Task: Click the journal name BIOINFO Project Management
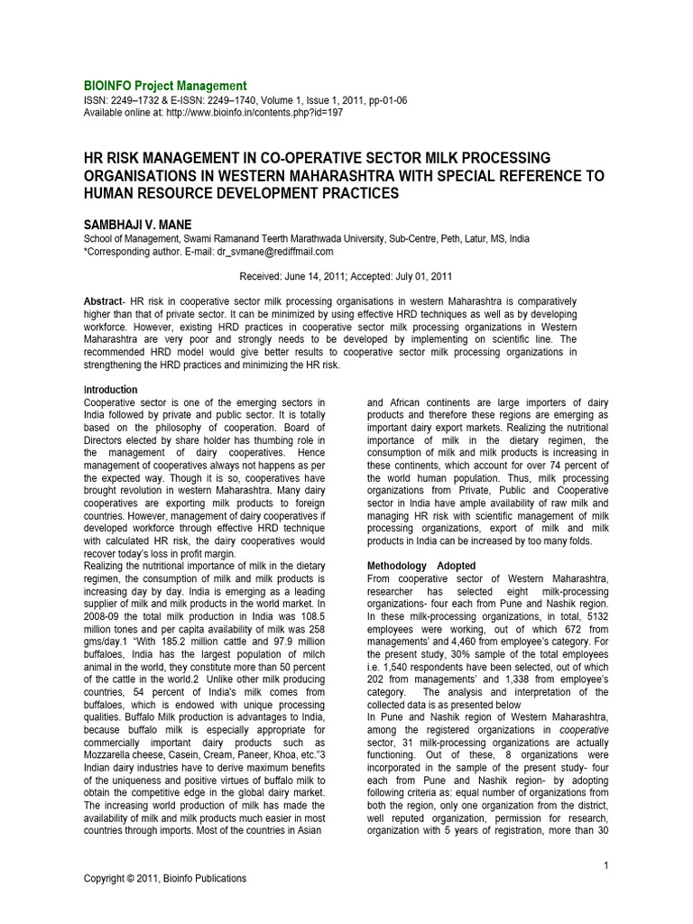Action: pyautogui.click(x=164, y=86)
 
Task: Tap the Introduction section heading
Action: pyautogui.click(x=110, y=390)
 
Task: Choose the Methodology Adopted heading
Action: pyautogui.click(x=420, y=566)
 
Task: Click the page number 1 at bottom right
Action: pyautogui.click(x=606, y=866)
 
